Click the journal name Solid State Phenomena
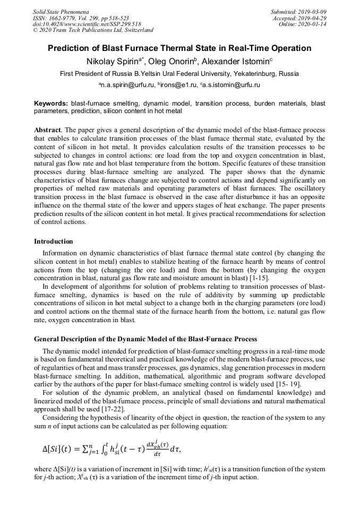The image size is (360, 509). [x=61, y=11]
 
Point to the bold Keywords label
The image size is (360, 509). [x=51, y=103]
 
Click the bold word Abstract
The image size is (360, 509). [x=47, y=130]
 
